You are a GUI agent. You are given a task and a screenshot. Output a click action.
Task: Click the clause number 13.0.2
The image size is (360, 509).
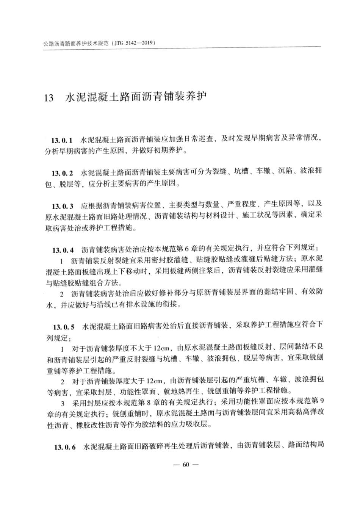[63, 173]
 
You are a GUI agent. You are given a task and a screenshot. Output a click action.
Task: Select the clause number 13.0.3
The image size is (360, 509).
[63, 206]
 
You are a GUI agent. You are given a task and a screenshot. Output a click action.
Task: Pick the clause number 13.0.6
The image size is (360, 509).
[65, 448]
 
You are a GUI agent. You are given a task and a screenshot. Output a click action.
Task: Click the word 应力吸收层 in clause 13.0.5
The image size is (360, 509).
[193, 424]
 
